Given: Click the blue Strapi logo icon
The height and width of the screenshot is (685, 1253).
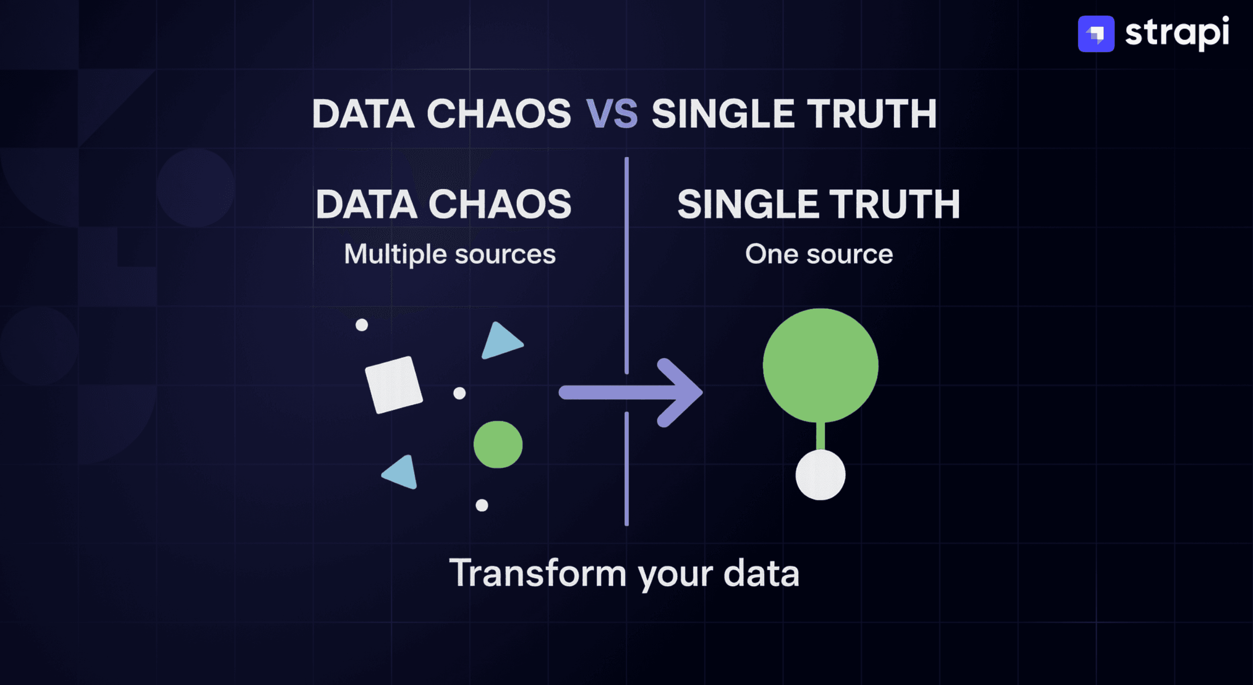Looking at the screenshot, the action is point(1096,34).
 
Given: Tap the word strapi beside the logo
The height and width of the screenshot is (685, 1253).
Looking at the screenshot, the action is point(1177,33).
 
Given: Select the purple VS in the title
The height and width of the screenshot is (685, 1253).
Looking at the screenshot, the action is point(612,114).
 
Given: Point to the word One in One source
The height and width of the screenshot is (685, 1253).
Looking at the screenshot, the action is point(771,254).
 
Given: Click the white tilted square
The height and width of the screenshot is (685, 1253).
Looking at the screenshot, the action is point(394,385).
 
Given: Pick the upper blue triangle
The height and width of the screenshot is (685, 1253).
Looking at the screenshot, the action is point(501,341).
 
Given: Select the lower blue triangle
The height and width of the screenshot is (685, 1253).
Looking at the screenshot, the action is point(402,472).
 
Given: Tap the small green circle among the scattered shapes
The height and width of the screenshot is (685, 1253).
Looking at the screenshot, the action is point(498,444).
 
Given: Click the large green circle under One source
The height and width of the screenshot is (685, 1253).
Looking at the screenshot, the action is point(820,365).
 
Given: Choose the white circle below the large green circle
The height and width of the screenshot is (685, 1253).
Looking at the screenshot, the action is point(820,475).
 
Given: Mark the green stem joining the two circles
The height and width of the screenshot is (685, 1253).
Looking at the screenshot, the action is point(821,435).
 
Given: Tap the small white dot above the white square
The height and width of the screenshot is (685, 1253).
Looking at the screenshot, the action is point(362,325).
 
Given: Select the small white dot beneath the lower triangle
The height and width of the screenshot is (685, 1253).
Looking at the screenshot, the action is point(482,505).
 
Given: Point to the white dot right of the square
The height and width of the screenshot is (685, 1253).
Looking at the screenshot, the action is point(460,393).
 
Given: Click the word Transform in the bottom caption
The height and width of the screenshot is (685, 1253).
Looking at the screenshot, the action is point(538,573).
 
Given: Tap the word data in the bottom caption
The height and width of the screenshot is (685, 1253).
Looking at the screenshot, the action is point(762,573).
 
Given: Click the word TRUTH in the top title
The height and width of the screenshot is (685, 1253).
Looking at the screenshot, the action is point(872,114).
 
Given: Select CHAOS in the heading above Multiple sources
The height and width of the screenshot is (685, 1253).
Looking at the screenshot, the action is point(500,204).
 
